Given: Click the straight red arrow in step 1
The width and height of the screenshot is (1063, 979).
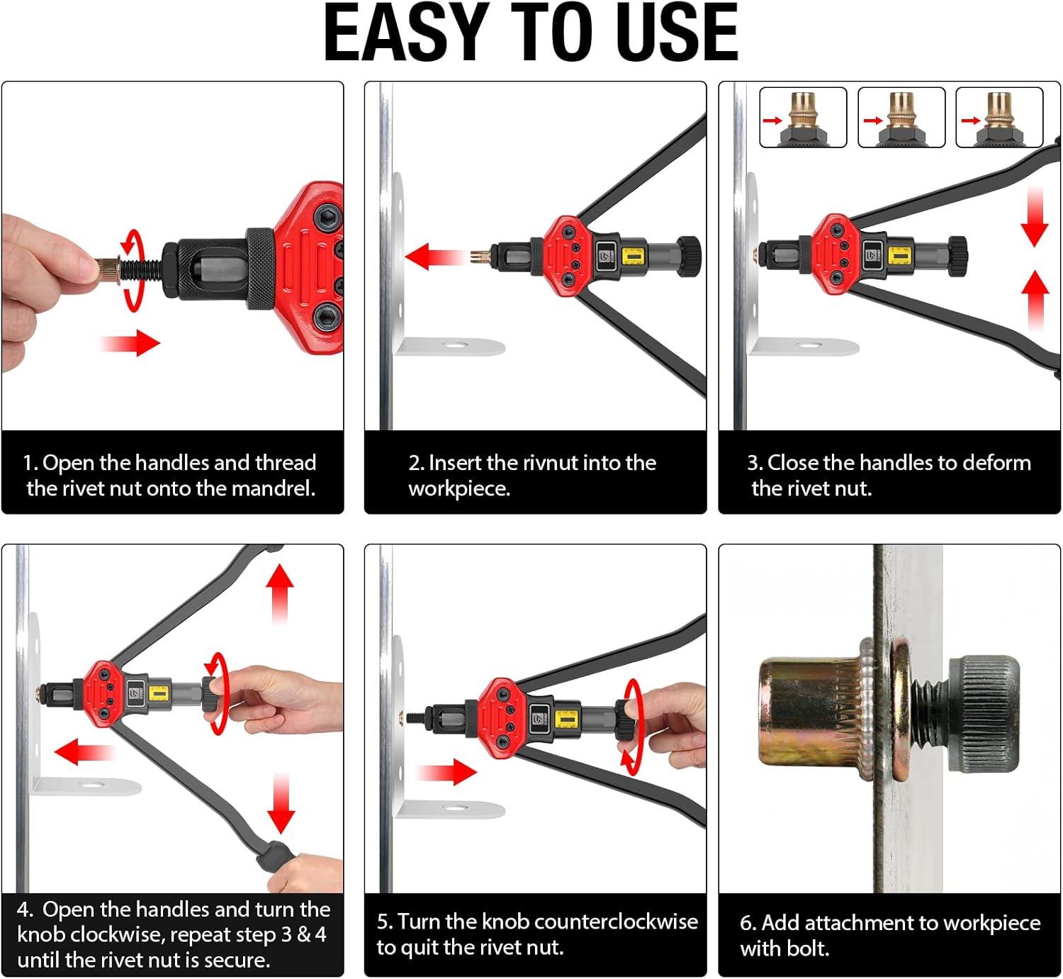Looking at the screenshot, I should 131,343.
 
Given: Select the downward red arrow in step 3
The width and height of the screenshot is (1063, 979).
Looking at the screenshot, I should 1034,220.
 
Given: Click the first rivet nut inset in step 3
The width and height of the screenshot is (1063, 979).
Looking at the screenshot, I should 803,118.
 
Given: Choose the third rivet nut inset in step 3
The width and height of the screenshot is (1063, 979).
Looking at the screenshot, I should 999,118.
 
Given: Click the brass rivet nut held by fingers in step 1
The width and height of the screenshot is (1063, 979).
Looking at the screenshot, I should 108,271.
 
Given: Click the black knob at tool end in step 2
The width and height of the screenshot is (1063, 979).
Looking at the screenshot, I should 688,255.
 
